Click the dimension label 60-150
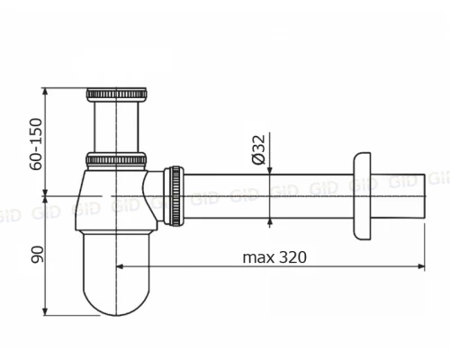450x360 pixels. (36, 144)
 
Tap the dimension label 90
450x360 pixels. (38, 255)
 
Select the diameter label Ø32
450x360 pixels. (259, 149)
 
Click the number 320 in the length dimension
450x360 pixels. (292, 257)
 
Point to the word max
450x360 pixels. (258, 258)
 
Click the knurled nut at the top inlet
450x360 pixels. (116, 94)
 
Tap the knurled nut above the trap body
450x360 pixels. (116, 159)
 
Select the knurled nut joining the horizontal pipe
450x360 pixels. (174, 195)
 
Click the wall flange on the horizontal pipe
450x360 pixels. (362, 196)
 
